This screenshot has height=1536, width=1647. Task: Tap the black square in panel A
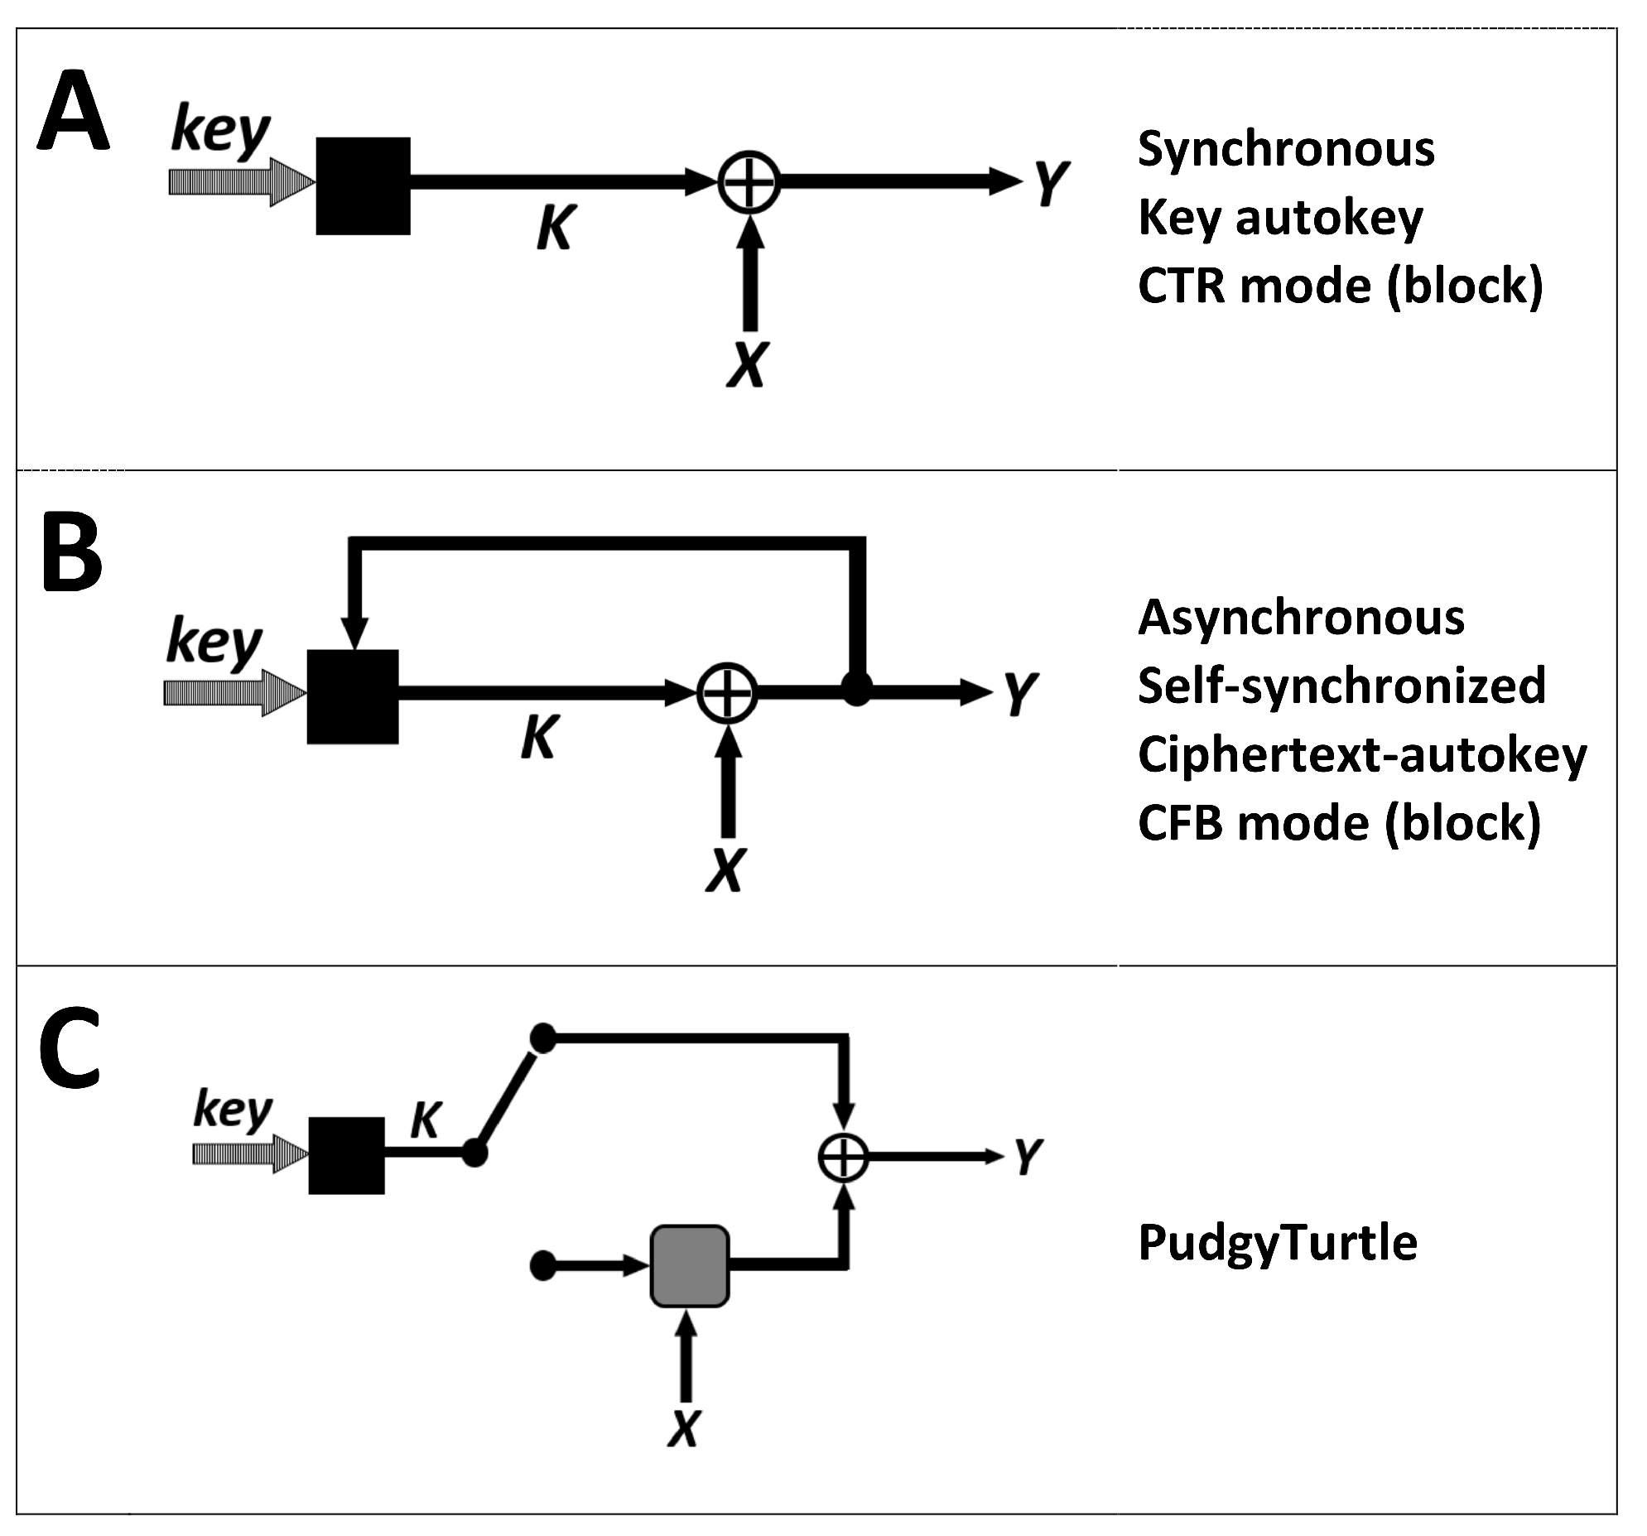[363, 185]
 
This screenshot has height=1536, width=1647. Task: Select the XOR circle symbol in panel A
[748, 183]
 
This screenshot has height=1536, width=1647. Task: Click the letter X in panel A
[747, 364]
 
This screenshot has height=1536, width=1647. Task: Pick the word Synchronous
[1286, 150]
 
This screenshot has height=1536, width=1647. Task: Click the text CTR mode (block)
[1340, 286]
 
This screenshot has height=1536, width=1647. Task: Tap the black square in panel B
[352, 696]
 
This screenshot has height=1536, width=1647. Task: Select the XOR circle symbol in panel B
[726, 693]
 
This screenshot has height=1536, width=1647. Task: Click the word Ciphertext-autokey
[1361, 755]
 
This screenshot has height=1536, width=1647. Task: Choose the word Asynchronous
[1301, 618]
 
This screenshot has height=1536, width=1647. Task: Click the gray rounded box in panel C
[689, 1267]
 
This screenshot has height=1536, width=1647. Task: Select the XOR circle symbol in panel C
[843, 1158]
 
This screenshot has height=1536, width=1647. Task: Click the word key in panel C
[232, 1110]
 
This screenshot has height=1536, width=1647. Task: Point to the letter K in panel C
[426, 1121]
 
